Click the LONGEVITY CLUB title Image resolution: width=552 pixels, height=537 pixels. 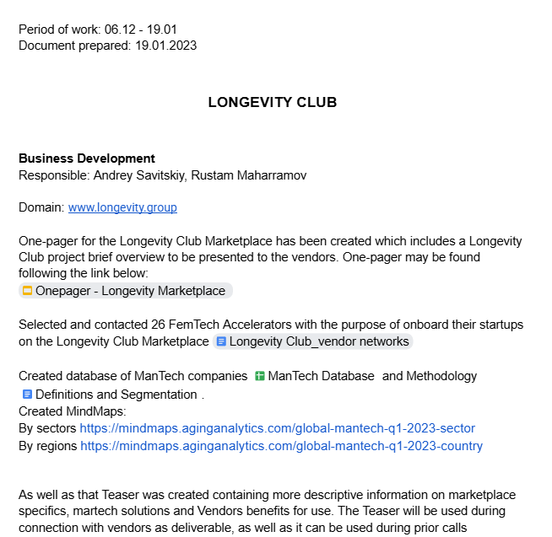(x=272, y=103)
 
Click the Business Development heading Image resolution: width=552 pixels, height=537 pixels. (x=87, y=158)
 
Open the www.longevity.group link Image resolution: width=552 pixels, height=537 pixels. (x=122, y=207)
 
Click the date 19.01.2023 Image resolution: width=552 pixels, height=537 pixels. (x=165, y=46)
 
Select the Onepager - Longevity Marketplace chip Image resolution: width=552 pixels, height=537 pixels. (x=130, y=291)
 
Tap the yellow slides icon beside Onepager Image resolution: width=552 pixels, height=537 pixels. (x=27, y=291)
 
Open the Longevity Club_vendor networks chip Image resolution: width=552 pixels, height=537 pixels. (x=319, y=341)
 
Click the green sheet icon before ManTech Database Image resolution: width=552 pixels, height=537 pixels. (x=260, y=376)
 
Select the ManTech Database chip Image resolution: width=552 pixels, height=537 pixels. (x=321, y=376)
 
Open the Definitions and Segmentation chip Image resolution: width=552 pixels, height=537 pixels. (x=116, y=395)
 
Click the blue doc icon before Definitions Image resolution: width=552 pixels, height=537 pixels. (x=27, y=395)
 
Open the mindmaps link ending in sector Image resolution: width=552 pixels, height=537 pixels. (x=277, y=428)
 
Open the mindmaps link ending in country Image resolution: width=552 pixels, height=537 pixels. (x=281, y=446)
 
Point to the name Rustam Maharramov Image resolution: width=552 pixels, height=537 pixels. (x=249, y=175)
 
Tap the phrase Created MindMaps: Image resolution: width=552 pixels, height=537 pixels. (x=72, y=411)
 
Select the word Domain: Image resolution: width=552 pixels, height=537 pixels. (x=41, y=207)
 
